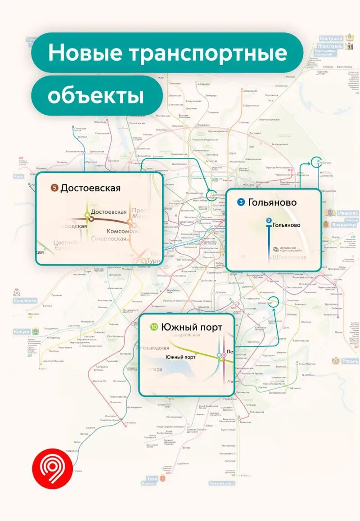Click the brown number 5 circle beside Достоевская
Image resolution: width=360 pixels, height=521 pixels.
[x=54, y=188]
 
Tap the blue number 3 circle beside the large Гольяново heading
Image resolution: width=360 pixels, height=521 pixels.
[x=242, y=202]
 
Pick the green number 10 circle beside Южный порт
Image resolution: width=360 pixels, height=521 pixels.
[x=154, y=328]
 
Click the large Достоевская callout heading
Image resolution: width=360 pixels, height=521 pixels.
[x=90, y=188]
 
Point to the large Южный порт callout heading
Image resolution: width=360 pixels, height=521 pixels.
[x=191, y=328]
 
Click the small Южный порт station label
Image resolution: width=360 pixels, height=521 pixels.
[x=180, y=357]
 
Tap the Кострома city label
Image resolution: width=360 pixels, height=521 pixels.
[x=331, y=39]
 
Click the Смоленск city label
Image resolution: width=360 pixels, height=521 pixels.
[x=25, y=300]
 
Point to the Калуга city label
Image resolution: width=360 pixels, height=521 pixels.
[x=21, y=332]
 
